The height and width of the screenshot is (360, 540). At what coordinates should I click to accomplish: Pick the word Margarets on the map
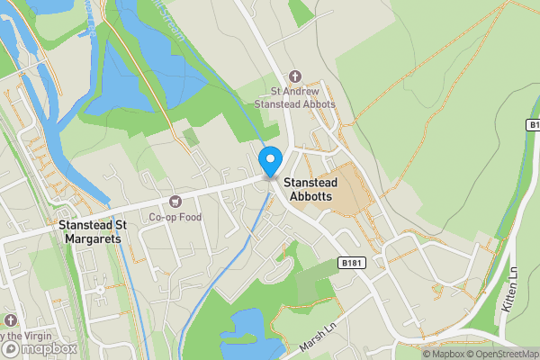tap(94, 239)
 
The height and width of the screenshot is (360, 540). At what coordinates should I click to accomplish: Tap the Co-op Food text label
tap(175, 217)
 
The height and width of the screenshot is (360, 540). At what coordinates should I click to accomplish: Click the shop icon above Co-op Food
tap(175, 201)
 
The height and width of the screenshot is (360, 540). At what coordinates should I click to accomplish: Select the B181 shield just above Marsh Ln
tap(354, 262)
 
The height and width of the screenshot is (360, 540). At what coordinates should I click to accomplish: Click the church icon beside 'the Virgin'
tap(10, 320)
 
